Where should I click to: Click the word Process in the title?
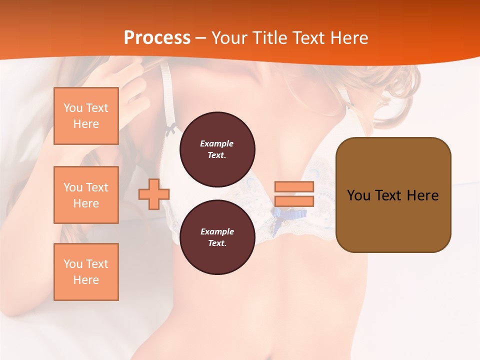click(x=157, y=38)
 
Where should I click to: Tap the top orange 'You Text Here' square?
click(x=86, y=116)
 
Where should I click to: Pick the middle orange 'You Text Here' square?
click(x=86, y=195)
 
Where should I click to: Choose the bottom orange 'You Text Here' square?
click(x=86, y=272)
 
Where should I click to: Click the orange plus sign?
click(x=154, y=194)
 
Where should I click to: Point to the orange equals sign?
click(x=294, y=194)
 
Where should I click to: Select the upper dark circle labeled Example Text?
click(x=217, y=149)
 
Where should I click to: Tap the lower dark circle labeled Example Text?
click(x=217, y=237)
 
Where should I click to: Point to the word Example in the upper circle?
click(x=217, y=143)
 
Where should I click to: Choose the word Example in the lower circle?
click(x=217, y=231)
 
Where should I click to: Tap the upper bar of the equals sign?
click(x=294, y=187)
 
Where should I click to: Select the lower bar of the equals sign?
click(x=294, y=201)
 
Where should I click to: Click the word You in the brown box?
click(x=358, y=195)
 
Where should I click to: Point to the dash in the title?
click(x=200, y=38)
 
